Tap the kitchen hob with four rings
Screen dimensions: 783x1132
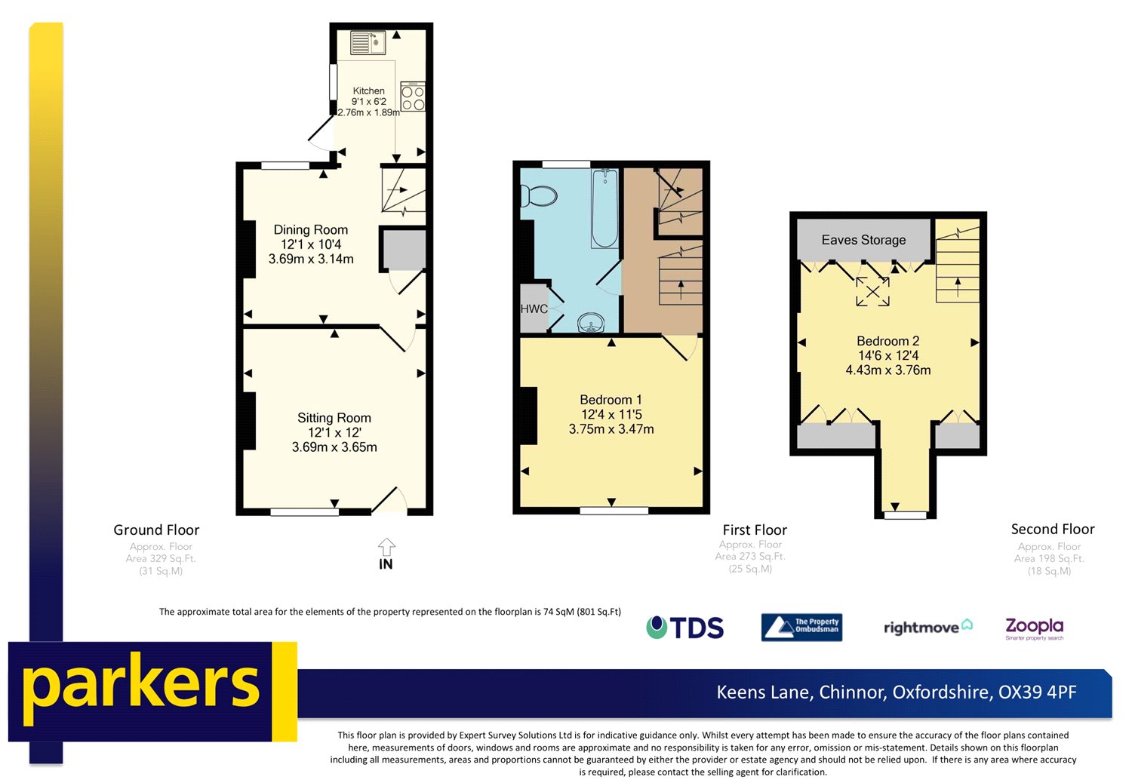click(413, 97)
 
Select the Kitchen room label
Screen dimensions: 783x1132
click(368, 91)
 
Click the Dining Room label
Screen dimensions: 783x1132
click(310, 229)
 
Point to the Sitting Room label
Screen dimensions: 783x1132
click(334, 418)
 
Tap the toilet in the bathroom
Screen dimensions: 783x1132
click(539, 196)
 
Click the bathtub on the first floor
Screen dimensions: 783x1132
click(604, 208)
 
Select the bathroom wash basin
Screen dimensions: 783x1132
click(591, 324)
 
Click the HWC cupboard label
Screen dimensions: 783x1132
click(534, 309)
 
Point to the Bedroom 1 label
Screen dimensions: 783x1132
click(611, 400)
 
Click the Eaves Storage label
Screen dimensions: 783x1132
click(863, 240)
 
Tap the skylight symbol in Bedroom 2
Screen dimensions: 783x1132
click(872, 291)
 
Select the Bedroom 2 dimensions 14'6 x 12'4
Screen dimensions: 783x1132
click(888, 355)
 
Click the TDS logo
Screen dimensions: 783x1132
click(685, 628)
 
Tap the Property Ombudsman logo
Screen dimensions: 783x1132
click(801, 628)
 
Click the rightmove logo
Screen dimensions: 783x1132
click(927, 627)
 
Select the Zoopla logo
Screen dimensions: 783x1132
click(1034, 628)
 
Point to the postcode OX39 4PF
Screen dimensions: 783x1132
click(1037, 692)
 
